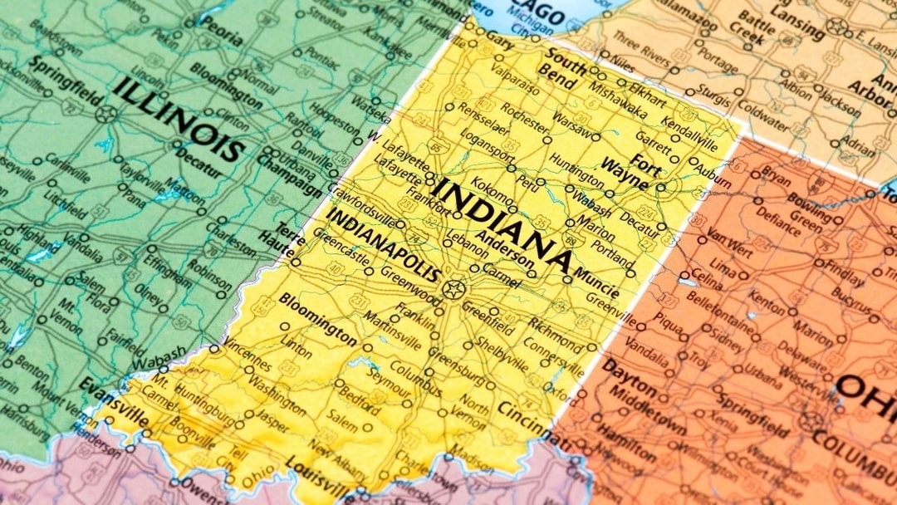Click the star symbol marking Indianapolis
pos(453,290)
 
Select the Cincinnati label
pos(532,420)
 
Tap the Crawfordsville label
pos(361,203)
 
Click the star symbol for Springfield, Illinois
pos(105,114)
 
